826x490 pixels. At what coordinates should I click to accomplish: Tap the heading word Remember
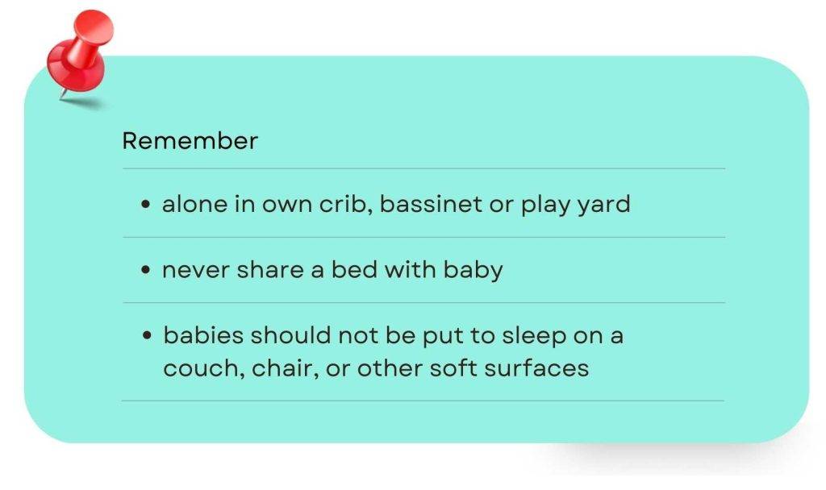(190, 141)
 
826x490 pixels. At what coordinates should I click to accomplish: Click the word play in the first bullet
(544, 205)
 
